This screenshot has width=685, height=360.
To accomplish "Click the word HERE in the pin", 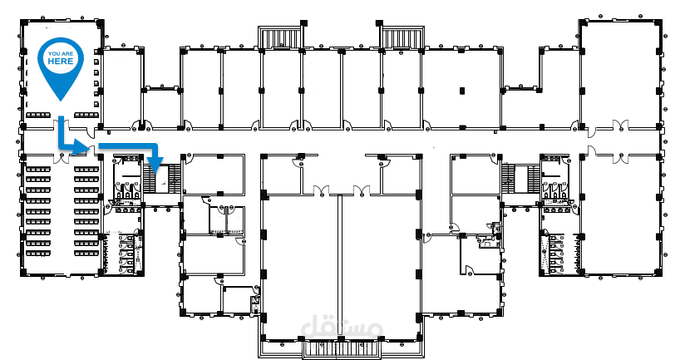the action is tap(61, 62).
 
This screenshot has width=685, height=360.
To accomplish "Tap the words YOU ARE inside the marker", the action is tap(61, 54).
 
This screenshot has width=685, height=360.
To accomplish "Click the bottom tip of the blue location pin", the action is tap(61, 101).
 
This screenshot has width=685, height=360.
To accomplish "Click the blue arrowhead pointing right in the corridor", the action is tap(81, 147).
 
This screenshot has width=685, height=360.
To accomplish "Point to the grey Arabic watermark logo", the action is tap(342, 327).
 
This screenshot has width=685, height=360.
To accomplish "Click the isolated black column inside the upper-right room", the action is tap(461, 91).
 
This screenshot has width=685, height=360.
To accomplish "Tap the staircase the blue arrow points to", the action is tap(162, 178).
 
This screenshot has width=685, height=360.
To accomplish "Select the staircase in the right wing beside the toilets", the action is tap(520, 178).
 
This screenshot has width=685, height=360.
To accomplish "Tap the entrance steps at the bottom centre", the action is tap(342, 350).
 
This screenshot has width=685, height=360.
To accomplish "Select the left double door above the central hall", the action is tap(321, 190).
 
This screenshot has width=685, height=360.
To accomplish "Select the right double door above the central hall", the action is tap(362, 190).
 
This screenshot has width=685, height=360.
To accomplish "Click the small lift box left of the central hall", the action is tap(254, 303).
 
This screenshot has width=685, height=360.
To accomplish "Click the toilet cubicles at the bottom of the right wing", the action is tap(554, 254).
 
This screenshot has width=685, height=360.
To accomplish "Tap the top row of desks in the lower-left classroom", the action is tap(62, 169).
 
